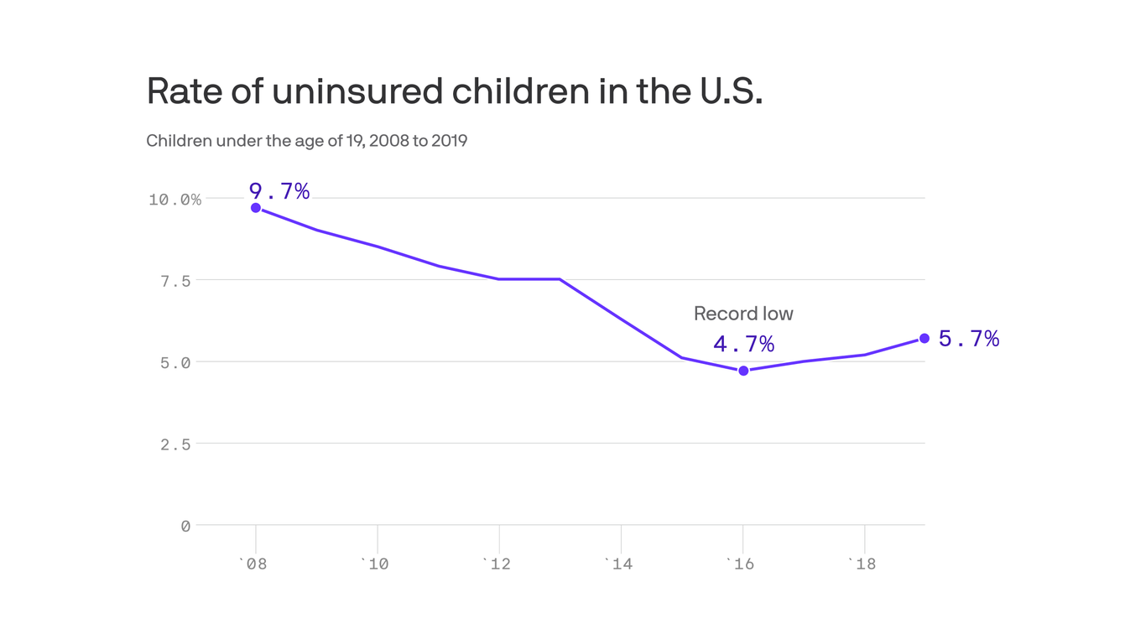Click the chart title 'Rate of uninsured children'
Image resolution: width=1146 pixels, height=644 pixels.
[x=454, y=91]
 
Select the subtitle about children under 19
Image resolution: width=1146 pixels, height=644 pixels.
[x=306, y=141]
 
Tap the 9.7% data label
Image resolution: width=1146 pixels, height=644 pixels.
[x=279, y=192]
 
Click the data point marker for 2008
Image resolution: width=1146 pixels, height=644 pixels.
[x=256, y=208]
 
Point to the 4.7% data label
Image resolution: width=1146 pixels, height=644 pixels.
[x=743, y=345]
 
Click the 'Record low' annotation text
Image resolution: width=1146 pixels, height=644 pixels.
[x=743, y=314]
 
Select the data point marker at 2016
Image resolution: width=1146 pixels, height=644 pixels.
[x=743, y=371]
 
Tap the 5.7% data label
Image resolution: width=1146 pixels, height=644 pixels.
[x=968, y=339]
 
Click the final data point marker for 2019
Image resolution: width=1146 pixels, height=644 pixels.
[x=925, y=339]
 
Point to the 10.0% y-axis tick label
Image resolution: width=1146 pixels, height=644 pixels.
[x=175, y=200]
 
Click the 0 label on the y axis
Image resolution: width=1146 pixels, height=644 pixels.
[x=185, y=527]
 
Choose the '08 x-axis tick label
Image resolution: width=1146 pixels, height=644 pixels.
[x=253, y=564]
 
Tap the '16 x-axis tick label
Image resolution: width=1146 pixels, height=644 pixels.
[x=740, y=564]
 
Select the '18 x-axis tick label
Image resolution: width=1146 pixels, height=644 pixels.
[x=862, y=564]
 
